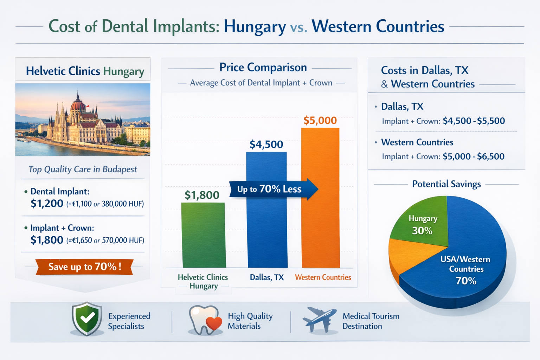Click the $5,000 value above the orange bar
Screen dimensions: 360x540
pos(320,121)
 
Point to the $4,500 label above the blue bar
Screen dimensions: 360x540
pos(266,144)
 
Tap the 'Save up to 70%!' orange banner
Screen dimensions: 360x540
pos(84,267)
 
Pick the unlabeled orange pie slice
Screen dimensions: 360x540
pos(404,253)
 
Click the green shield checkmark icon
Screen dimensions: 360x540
pos(87,319)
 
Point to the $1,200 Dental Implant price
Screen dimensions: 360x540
pos(47,204)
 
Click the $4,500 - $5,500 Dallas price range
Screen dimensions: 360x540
pos(474,121)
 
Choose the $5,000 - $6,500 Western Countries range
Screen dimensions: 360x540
pos(473,156)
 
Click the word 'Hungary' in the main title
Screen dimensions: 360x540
pos(255,27)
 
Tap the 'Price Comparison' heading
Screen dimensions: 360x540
pos(263,67)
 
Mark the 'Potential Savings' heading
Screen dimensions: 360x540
pos(446,184)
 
